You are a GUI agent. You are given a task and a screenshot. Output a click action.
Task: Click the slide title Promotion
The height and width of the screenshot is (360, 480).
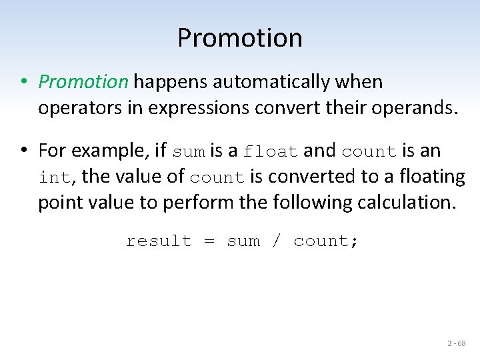(x=239, y=38)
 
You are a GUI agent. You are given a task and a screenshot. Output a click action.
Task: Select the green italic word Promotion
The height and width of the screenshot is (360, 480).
(x=83, y=82)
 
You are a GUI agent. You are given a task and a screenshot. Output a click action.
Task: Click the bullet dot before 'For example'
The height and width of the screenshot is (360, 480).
(x=23, y=151)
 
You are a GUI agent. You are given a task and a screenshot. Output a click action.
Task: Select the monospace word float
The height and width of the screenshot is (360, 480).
(x=271, y=152)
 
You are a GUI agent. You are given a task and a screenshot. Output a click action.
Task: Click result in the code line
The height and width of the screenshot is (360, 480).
(x=159, y=241)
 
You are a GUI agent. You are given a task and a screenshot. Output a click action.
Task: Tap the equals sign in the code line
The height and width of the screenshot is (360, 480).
(x=209, y=241)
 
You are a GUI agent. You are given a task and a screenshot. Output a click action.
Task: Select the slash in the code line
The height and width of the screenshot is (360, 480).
(x=277, y=241)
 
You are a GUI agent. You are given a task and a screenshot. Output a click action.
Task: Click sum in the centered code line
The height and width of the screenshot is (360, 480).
(x=243, y=241)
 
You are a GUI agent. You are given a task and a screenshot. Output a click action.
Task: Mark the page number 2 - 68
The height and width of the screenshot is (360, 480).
(x=457, y=343)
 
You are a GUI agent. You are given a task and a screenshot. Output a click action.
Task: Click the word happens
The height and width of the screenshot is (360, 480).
(x=171, y=82)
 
